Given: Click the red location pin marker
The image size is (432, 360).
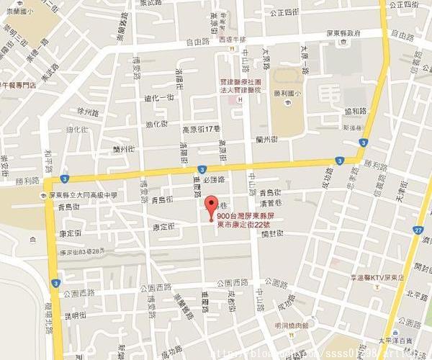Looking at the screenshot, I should [x=211, y=204].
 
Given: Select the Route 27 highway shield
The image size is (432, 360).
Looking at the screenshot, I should [x=418, y=229].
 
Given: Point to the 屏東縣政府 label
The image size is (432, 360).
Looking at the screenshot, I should [x=343, y=33].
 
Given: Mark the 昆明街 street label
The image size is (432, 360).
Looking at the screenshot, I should [x=76, y=315].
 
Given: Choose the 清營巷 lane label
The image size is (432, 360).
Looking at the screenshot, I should [x=269, y=204].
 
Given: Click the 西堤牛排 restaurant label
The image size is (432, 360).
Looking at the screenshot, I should [x=233, y=40].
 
